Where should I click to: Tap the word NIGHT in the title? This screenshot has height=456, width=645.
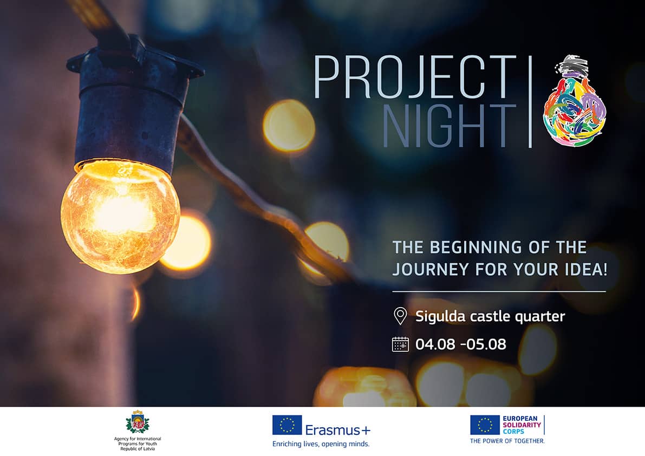pos(449,126)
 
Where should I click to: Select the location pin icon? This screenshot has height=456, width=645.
pos(400,316)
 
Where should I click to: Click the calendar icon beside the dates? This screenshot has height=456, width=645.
pos(400,344)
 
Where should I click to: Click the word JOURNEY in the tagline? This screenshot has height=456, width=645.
pos(431,269)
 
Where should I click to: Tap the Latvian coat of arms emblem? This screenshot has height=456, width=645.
pos(138,422)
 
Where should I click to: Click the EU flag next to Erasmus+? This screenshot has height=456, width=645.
pos(286,425)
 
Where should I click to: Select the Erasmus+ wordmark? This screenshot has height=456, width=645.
pos(338,430)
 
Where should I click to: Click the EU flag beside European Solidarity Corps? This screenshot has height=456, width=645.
pos(485,425)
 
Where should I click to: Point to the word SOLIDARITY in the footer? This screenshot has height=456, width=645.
pos(522,425)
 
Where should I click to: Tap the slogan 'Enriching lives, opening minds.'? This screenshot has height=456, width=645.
pos(321,444)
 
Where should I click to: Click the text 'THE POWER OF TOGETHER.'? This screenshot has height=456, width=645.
pos(507,441)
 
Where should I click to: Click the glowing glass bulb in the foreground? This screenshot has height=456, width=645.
pos(120,217)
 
